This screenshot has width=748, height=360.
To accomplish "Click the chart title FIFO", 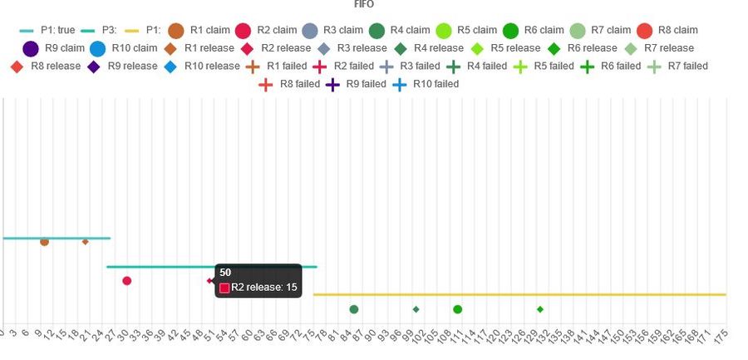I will point(363,4).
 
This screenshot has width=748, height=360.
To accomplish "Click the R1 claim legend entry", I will point(199,30).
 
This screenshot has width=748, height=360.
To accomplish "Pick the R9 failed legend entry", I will point(358,83).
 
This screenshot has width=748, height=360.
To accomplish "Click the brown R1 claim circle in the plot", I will point(44,242).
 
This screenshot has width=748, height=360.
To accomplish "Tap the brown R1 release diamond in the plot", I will point(85,242).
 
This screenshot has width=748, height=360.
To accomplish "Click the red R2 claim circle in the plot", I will point(126,281).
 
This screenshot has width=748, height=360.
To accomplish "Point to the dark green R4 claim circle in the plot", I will point(354,309).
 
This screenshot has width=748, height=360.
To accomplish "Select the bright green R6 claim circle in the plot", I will point(457,309).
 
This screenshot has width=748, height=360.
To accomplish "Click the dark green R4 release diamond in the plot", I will point(416,309).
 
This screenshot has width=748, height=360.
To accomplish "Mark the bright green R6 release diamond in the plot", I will point(540,309).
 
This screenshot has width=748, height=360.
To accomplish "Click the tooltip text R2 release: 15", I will point(264,288).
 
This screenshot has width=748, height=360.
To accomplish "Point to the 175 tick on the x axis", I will point(722,334).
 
